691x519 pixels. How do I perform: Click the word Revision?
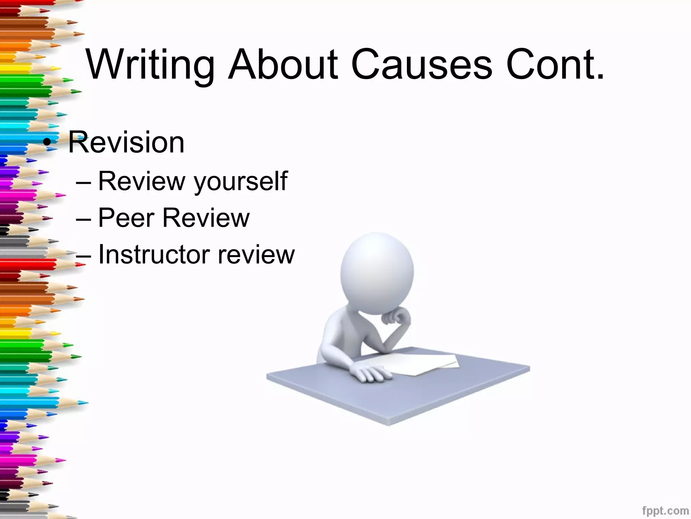[127, 142]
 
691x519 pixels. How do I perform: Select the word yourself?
[240, 181]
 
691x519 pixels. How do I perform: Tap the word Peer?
[126, 218]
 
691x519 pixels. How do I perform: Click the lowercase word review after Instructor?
[256, 254]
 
